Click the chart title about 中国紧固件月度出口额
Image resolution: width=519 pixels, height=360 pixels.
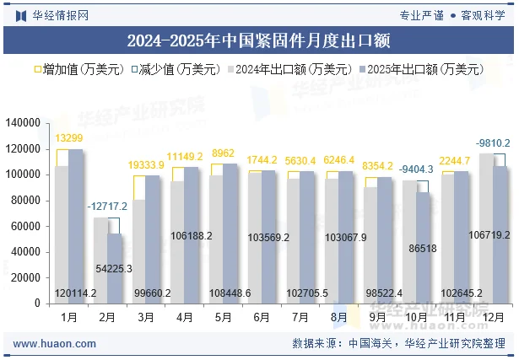(258, 40)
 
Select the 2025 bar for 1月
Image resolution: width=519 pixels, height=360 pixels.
(76, 223)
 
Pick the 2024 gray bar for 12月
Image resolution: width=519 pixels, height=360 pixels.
(487, 228)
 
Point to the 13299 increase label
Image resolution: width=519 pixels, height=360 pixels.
(69, 138)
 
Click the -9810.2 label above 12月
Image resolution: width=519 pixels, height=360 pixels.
(492, 142)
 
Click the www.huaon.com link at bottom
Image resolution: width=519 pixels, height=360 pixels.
(55, 343)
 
